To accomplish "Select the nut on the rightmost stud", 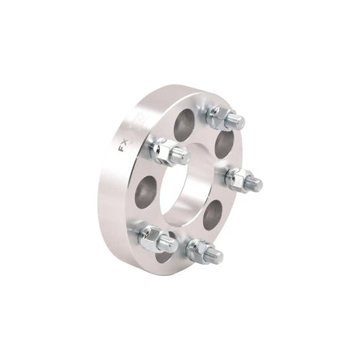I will tap(238, 178).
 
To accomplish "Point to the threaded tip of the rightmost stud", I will tap(256, 184).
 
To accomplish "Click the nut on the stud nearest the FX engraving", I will tap(163, 150).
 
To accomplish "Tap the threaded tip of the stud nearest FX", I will tap(181, 157).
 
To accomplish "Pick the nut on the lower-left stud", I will tap(154, 238).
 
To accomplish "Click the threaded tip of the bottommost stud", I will tap(216, 257).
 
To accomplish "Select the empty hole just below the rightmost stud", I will tap(213, 215).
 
